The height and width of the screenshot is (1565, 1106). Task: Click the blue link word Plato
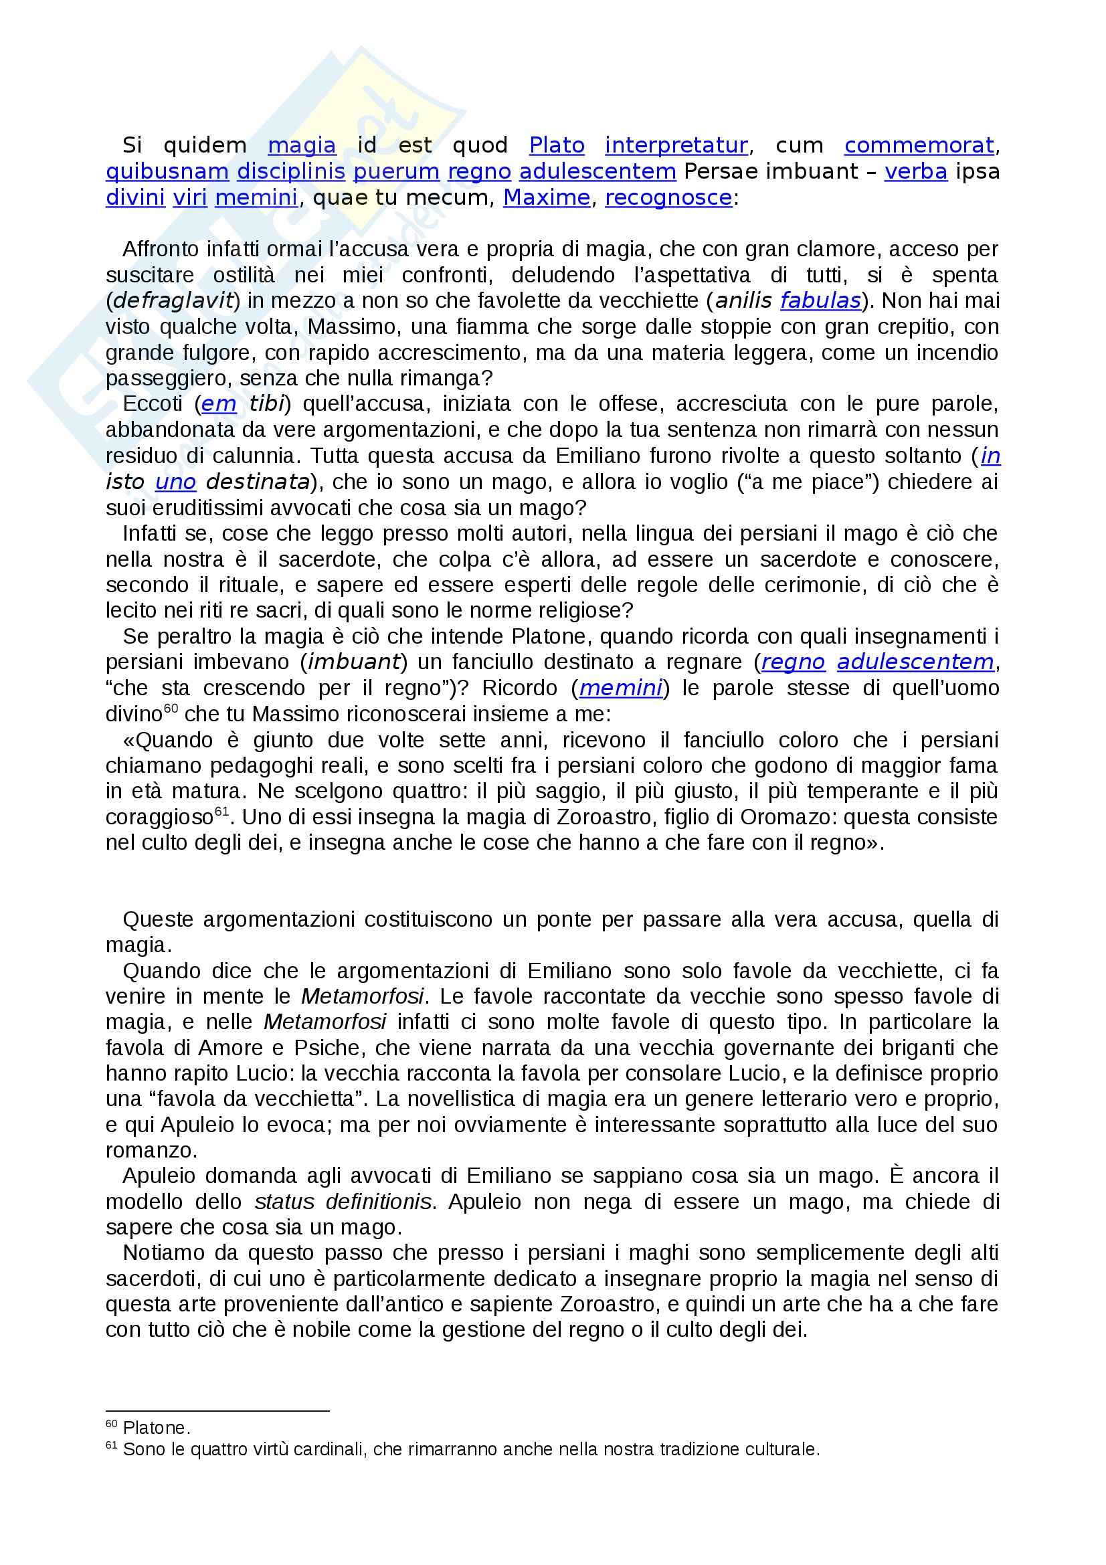(557, 145)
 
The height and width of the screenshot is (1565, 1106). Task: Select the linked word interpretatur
(676, 145)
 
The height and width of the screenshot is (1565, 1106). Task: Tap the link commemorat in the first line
(919, 145)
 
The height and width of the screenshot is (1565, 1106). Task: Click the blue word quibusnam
(167, 171)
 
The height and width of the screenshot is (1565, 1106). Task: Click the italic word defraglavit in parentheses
(173, 300)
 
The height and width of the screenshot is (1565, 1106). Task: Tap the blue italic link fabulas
(820, 300)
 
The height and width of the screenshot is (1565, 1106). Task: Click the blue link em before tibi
(219, 404)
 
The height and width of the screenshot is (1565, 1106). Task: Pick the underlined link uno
(176, 482)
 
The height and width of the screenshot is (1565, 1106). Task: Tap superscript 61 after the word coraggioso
(221, 811)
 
